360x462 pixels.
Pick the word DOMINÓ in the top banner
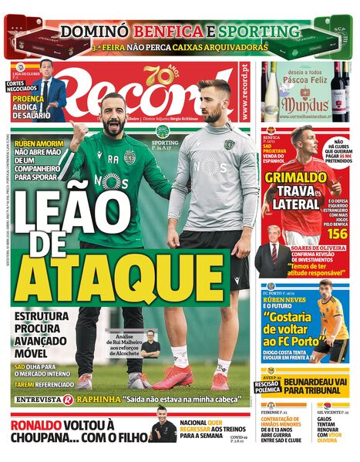94,32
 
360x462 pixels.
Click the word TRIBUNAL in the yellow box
312,393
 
